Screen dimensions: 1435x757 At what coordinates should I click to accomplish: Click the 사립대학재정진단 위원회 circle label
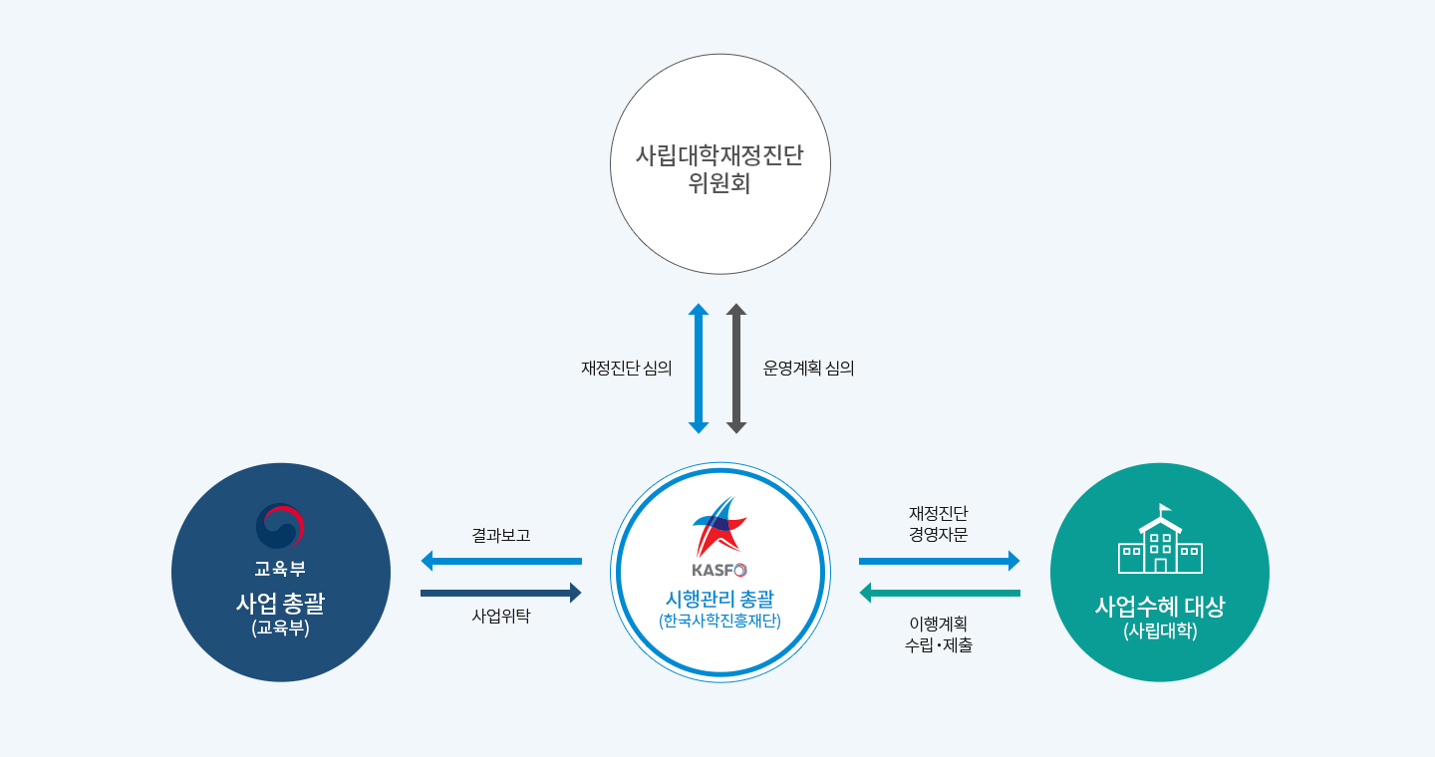(x=719, y=169)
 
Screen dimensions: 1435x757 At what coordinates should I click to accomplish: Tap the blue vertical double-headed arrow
(x=699, y=369)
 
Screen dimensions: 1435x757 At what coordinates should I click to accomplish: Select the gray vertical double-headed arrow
(x=736, y=369)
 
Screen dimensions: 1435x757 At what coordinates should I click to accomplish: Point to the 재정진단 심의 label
(x=626, y=369)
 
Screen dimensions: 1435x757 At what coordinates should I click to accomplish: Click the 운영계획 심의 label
(x=808, y=369)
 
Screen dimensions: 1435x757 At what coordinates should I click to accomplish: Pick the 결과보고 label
(x=501, y=535)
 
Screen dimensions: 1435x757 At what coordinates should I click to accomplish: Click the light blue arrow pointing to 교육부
(x=501, y=561)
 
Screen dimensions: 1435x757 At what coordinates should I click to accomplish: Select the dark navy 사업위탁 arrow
(x=501, y=593)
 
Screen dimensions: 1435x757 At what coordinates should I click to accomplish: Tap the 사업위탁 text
(x=501, y=617)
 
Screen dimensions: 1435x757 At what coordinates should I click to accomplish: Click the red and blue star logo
(x=720, y=528)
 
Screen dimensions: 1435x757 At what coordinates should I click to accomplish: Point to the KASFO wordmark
(x=719, y=570)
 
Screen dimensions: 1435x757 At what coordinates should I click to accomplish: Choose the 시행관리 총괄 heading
(x=720, y=599)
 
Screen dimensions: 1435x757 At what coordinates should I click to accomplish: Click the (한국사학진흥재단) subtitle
(x=720, y=621)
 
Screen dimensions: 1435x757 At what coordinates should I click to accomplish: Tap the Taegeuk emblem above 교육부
(x=280, y=527)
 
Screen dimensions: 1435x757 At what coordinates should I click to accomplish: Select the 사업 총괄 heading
(x=281, y=603)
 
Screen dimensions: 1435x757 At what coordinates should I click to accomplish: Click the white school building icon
(x=1160, y=539)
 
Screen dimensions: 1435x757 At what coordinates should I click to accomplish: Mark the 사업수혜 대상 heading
(x=1160, y=607)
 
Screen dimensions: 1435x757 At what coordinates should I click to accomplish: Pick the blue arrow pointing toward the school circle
(x=939, y=561)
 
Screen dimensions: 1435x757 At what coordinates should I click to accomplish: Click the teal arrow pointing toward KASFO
(x=939, y=593)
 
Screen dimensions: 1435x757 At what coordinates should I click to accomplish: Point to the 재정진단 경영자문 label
(x=939, y=524)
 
